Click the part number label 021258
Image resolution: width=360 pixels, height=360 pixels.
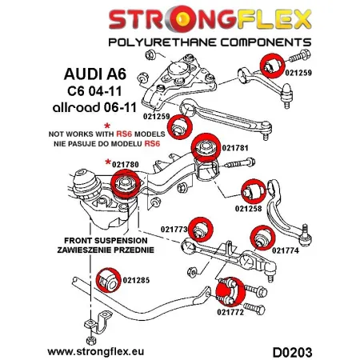click(x=249, y=210)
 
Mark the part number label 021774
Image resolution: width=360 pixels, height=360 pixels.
click(x=286, y=250)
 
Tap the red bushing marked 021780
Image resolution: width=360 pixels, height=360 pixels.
click(x=126, y=185)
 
